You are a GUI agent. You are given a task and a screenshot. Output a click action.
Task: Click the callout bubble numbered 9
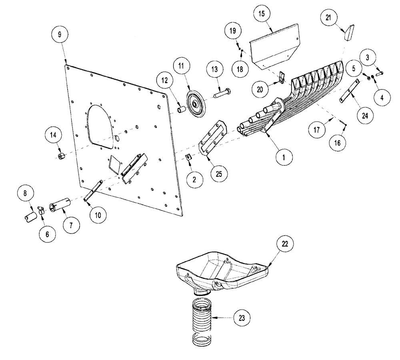click(x=60, y=34)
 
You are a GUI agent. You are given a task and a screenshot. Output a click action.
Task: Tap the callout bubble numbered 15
click(x=261, y=13)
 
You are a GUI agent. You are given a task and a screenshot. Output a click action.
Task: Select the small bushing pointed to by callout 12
click(x=180, y=109)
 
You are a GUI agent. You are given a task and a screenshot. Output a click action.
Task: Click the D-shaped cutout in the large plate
click(x=100, y=124)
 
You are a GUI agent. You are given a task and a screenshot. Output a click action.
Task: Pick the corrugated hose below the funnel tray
click(x=204, y=320)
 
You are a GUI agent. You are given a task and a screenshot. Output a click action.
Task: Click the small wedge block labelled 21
click(x=349, y=33)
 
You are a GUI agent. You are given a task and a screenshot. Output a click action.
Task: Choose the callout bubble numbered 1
click(x=283, y=158)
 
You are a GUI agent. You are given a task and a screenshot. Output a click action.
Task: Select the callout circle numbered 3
click(x=367, y=57)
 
